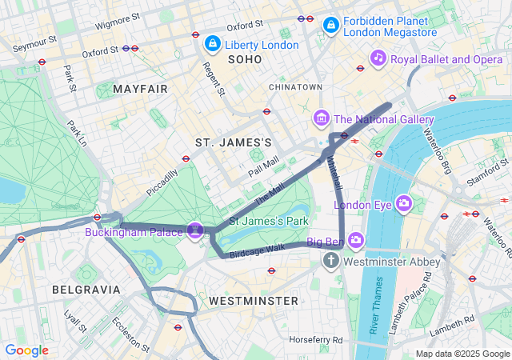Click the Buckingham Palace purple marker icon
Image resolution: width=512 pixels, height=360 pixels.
pos(194,230)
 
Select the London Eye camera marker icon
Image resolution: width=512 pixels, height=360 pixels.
pos(403,204)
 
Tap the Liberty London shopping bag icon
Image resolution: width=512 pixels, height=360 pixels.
pos(213,43)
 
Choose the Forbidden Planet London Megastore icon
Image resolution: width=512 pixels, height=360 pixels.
pos(330,26)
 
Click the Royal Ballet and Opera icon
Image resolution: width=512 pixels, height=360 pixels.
pos(378,58)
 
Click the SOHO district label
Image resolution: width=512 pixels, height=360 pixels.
pos(245,60)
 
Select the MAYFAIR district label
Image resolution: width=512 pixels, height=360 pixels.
pos(141,89)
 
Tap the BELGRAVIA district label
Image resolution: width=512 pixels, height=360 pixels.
pos(86,289)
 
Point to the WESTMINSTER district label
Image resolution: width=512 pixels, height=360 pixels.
pos(253,301)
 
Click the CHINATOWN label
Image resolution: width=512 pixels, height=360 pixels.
pos(295,86)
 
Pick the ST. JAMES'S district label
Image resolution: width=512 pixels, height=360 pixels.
pos(234,142)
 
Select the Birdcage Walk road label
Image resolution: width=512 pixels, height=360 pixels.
pos(257,251)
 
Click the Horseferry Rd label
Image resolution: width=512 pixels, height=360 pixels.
pos(316,340)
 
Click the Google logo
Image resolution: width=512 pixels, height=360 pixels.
pos(27,350)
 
